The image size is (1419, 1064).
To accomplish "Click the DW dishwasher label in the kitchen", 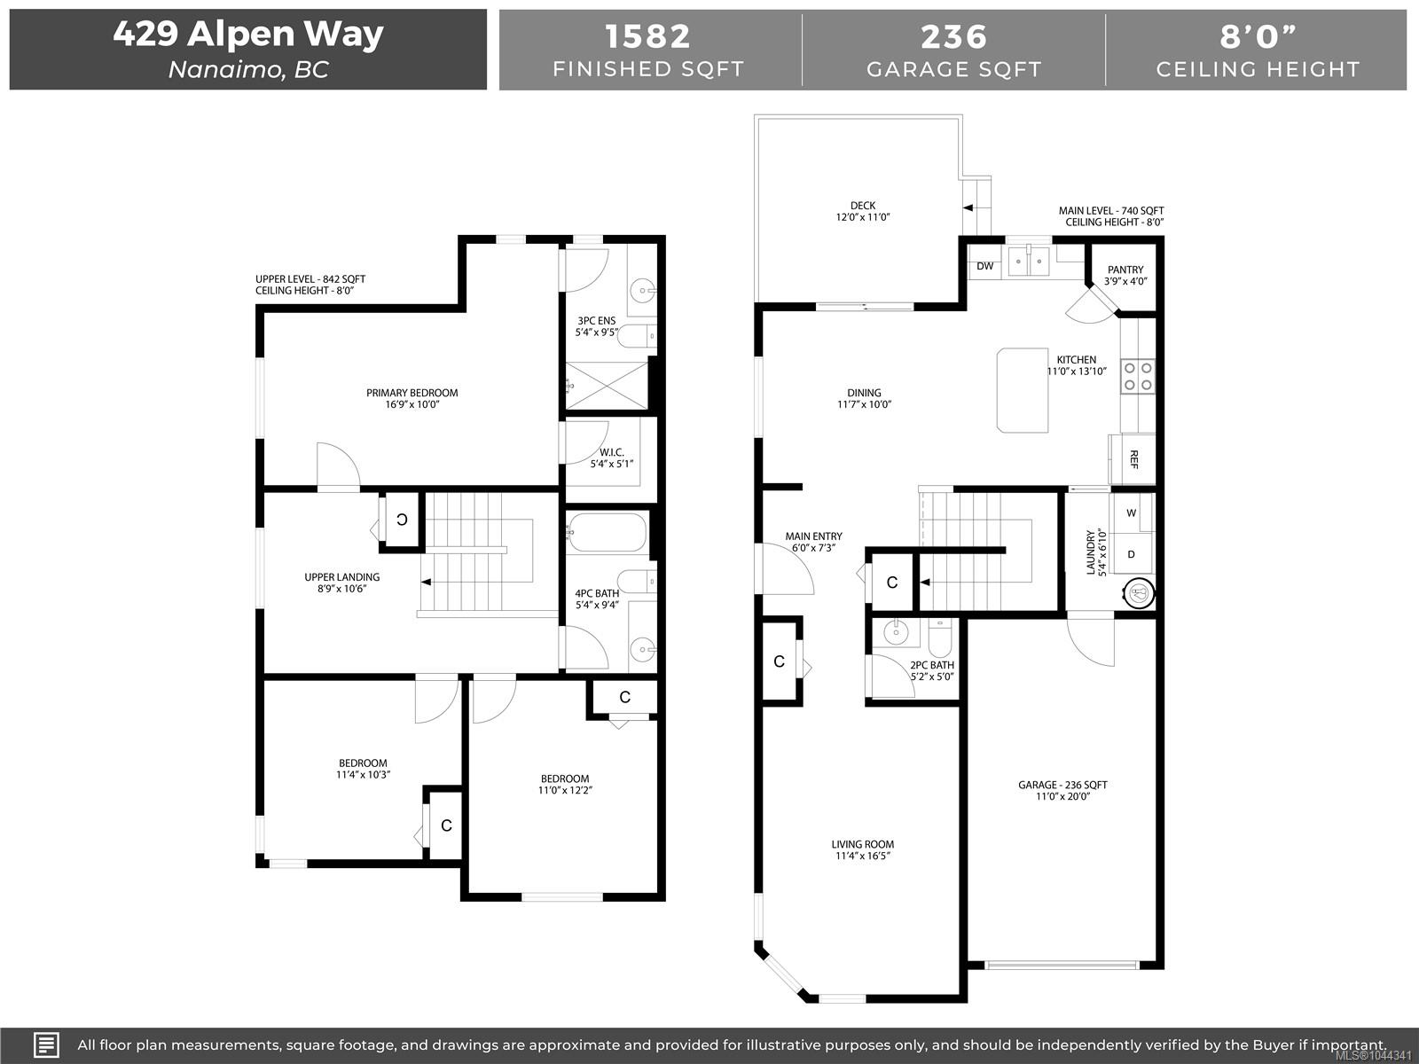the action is [984, 266].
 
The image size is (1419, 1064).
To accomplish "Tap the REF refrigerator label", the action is [1133, 459].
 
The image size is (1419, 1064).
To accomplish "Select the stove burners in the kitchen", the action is [1138, 376].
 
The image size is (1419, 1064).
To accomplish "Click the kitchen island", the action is [1022, 390].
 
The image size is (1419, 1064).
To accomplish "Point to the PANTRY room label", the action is [1125, 270].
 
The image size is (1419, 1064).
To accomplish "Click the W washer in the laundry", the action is [1132, 513].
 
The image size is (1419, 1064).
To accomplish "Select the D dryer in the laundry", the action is [1132, 554].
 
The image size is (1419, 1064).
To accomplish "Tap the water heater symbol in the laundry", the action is [1139, 593].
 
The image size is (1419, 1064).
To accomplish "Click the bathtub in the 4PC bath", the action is [607, 532].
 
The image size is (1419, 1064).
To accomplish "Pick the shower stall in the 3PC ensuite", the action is [607, 386].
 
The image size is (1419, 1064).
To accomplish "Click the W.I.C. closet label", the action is [612, 452].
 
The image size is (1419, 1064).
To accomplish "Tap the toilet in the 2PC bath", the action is [939, 638].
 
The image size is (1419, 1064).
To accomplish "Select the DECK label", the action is [863, 206].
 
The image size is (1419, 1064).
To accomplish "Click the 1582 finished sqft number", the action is [647, 37].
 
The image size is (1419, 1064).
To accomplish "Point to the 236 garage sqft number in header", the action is [953, 37].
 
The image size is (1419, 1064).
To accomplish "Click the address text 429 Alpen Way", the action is [248, 34].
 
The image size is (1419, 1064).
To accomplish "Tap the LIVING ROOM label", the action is [863, 844].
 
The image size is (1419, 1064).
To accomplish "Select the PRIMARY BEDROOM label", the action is [412, 393].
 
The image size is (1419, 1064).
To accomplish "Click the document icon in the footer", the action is [46, 1044].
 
